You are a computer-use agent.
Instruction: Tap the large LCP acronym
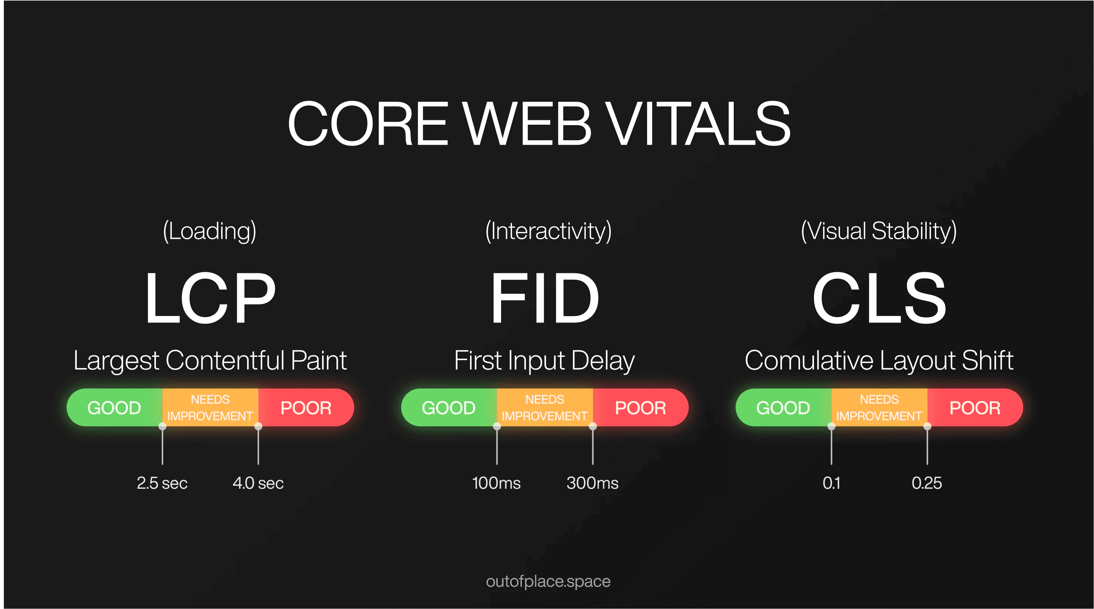pos(210,298)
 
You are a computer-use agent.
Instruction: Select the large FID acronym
pos(545,298)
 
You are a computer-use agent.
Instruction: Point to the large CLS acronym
pos(879,298)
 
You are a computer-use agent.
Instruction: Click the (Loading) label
pos(210,231)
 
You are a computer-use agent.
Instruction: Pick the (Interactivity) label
pos(548,231)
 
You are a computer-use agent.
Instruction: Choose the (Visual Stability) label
pos(879,231)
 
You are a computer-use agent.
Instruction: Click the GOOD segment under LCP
pos(115,408)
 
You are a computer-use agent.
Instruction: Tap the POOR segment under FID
pos(640,408)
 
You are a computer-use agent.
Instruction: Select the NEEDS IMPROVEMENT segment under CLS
pos(879,408)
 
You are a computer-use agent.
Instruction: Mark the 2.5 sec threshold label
pos(162,483)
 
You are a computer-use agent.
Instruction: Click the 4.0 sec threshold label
pos(258,483)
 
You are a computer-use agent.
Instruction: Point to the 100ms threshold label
pos(496,483)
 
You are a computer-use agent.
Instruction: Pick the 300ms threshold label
pos(593,483)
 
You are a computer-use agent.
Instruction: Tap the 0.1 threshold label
pos(831,483)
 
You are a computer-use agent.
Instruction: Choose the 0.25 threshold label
pos(927,483)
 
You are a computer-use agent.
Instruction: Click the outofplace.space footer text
pos(548,581)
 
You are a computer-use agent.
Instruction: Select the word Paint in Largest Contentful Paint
pos(319,360)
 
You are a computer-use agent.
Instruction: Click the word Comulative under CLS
pos(809,360)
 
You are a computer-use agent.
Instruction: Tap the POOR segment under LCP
pos(306,408)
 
